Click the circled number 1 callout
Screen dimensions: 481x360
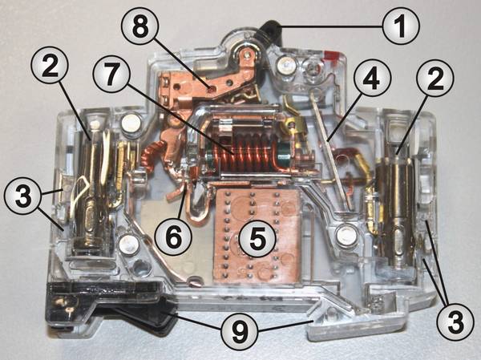pos(401,26)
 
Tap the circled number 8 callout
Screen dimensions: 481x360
pos(139,27)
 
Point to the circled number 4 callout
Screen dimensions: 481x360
pos(372,79)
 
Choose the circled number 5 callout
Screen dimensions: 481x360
pos(257,240)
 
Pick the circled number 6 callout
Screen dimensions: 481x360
pos(173,237)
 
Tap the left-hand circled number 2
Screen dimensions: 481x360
pos(50,65)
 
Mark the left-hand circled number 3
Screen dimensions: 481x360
pos(22,195)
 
